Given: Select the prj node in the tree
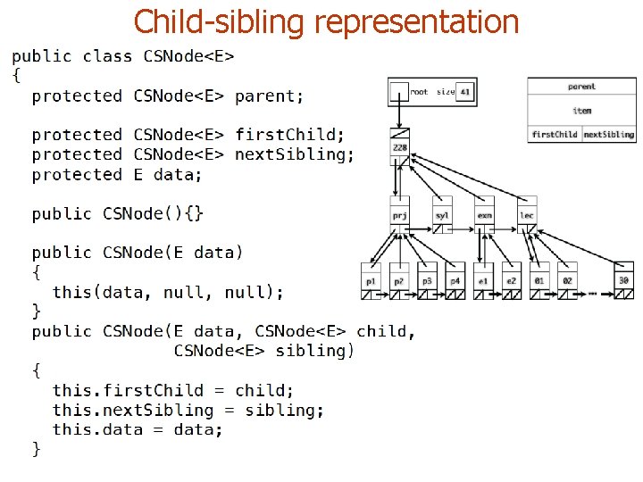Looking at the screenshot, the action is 399,214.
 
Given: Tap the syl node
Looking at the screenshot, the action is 442,214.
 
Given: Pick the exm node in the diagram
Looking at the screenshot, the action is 484,214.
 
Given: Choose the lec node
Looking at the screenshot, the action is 527,214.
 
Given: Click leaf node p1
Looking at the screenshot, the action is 371,280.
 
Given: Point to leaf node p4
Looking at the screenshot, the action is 455,280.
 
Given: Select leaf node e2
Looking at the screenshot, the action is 511,280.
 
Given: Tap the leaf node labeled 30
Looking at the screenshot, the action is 623,280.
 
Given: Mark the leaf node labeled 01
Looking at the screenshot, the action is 539,280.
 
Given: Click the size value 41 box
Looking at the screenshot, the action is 465,92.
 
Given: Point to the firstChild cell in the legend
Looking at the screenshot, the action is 555,135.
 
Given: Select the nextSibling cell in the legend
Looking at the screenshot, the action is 609,135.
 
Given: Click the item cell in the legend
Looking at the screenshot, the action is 581,111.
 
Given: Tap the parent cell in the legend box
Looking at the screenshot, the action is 581,87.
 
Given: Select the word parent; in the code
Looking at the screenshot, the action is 269,96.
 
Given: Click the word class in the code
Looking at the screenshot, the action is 106,56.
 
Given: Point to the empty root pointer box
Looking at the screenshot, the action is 398,92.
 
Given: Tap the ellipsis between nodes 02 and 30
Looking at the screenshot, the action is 592,292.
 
